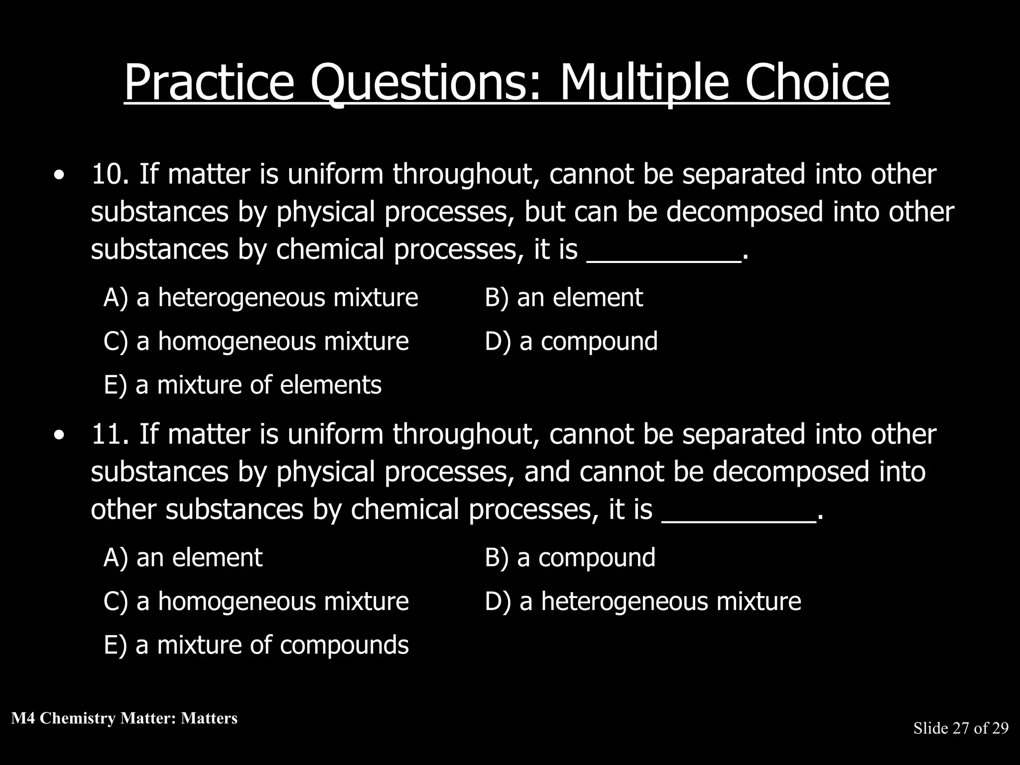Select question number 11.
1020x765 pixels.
click(110, 435)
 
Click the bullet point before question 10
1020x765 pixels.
click(60, 176)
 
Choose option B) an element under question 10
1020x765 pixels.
click(564, 298)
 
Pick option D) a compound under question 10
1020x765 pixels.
click(571, 342)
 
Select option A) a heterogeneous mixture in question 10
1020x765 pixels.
click(260, 298)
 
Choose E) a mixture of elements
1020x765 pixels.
click(243, 385)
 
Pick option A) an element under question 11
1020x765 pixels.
click(183, 558)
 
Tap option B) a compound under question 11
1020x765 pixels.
click(570, 558)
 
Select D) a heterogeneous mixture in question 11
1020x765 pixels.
click(643, 602)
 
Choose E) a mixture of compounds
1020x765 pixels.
click(256, 645)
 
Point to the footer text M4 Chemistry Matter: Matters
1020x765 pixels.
click(125, 718)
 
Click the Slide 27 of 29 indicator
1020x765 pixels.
click(961, 729)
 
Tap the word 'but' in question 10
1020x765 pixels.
click(544, 212)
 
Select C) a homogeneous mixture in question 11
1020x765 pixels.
click(256, 602)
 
